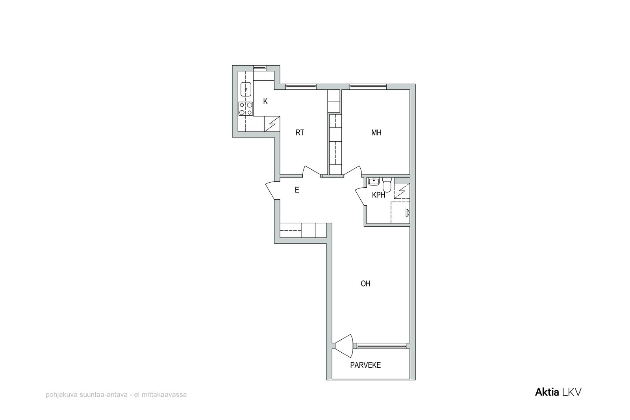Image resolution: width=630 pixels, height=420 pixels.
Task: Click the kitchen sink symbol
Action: (x=246, y=89)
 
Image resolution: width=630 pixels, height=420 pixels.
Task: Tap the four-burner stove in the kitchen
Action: (x=246, y=109)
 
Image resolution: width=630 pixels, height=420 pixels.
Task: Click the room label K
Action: (x=265, y=102)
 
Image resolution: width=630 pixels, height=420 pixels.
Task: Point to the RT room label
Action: (x=300, y=133)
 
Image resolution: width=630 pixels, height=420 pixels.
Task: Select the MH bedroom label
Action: (x=376, y=133)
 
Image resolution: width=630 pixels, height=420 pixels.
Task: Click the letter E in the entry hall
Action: (x=297, y=190)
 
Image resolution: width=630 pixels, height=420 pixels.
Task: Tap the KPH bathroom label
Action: (x=378, y=195)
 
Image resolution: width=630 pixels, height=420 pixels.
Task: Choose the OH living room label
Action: (x=365, y=284)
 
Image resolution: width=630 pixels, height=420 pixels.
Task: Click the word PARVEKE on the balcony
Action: (x=365, y=365)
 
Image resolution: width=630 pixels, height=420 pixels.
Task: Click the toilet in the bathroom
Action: (x=387, y=185)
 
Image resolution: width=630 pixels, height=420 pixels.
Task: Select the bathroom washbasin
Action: (x=374, y=181)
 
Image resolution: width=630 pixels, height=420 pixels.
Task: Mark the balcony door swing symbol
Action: (x=344, y=346)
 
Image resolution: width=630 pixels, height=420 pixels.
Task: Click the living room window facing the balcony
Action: (x=382, y=346)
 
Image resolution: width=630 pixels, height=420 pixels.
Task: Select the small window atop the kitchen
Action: (x=259, y=67)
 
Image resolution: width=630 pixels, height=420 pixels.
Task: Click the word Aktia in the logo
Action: (x=547, y=392)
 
